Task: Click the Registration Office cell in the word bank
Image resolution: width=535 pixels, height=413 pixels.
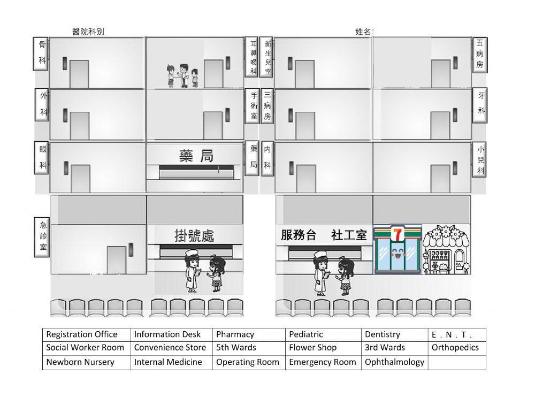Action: (x=86, y=334)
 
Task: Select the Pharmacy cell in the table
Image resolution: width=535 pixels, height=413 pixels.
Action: (x=249, y=334)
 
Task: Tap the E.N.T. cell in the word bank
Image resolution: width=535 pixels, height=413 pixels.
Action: (x=457, y=334)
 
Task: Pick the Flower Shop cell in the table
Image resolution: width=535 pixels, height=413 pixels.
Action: (x=323, y=348)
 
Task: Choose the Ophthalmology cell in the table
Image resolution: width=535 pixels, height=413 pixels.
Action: (x=394, y=363)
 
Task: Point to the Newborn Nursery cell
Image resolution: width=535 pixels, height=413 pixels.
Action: (x=86, y=363)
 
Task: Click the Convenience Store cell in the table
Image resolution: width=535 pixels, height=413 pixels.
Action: (x=171, y=348)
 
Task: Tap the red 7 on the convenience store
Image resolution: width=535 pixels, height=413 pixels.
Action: (x=397, y=234)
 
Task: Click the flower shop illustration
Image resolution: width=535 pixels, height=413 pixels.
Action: (x=446, y=249)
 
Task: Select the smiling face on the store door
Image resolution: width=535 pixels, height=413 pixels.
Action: (x=397, y=253)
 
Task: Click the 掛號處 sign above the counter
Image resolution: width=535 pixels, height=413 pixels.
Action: (x=194, y=235)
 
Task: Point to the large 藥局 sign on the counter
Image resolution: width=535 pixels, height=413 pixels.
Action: (x=196, y=156)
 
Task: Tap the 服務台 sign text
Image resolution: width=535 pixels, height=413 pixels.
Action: (x=299, y=235)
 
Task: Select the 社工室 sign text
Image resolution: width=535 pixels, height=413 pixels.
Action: (x=349, y=235)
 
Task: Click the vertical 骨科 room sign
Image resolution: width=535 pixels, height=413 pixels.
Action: (x=41, y=54)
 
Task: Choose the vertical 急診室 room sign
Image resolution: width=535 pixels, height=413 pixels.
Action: (x=42, y=237)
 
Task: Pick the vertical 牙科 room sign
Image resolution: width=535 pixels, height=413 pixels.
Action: (x=480, y=105)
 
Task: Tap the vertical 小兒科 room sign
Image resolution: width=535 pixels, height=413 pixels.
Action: (x=479, y=160)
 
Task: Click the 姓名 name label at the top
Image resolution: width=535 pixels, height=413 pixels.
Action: (x=364, y=32)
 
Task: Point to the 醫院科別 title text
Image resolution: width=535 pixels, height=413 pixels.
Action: (x=88, y=32)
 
